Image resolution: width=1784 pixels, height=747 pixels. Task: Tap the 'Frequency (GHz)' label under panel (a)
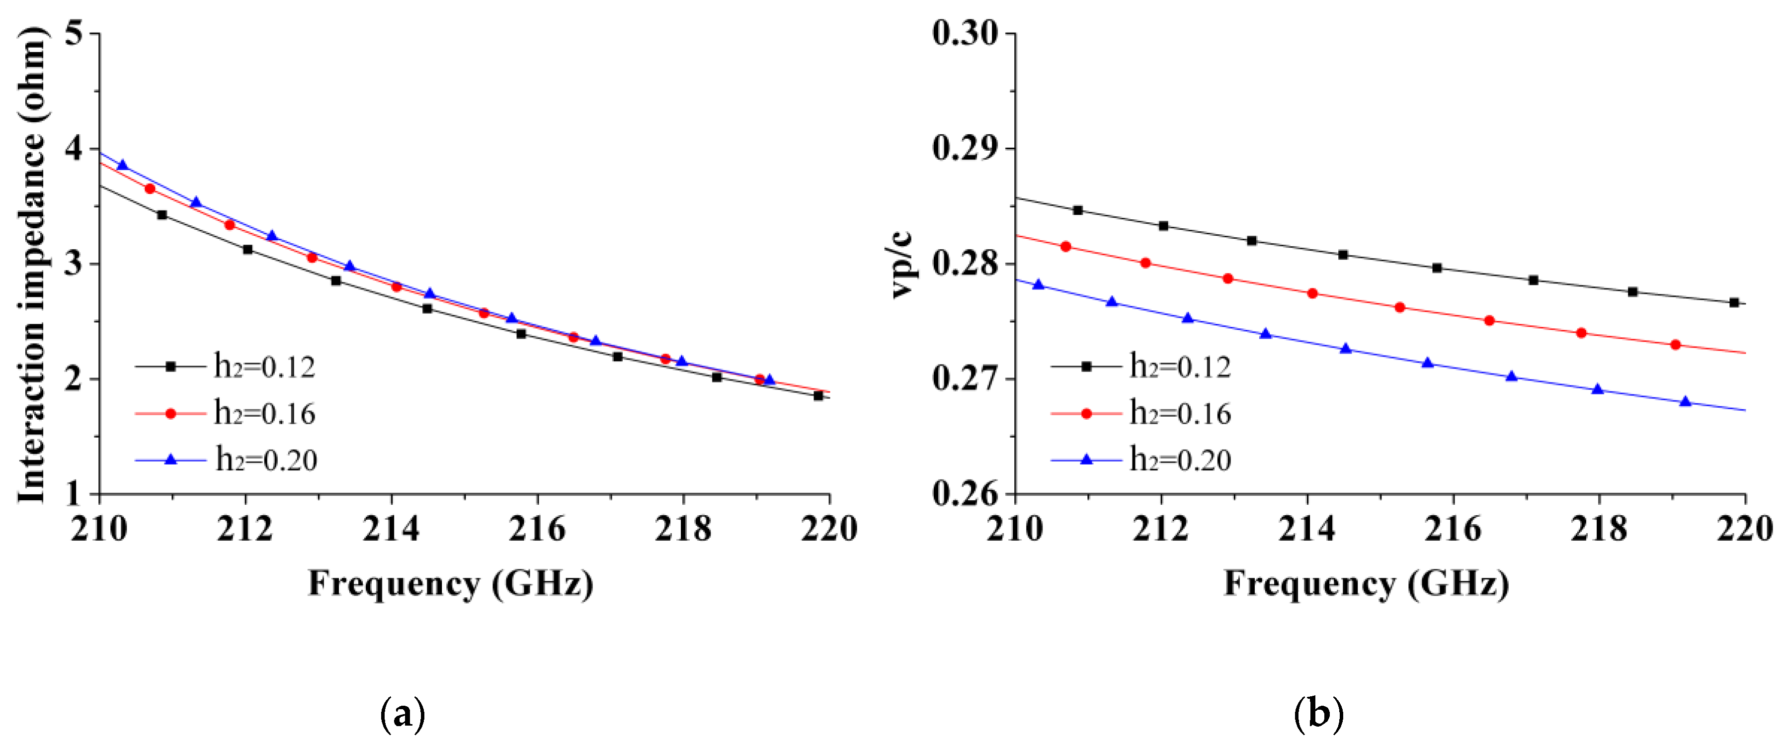(451, 583)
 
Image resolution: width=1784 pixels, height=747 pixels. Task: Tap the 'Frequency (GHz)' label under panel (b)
(1367, 583)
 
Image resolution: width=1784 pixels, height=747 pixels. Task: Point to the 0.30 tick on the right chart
(965, 33)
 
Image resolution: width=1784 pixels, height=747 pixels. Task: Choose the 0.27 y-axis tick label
(965, 379)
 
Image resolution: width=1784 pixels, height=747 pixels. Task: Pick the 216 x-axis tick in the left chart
(537, 529)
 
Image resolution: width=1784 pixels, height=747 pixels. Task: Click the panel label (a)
(403, 714)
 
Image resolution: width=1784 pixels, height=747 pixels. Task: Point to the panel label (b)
(1318, 714)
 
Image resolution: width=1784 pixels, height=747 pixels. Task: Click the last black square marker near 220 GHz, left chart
(818, 396)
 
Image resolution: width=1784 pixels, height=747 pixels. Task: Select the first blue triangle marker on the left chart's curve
(123, 165)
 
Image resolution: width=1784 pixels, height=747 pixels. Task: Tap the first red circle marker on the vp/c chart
(1066, 247)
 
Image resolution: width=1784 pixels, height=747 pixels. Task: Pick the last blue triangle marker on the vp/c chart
(1686, 402)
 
